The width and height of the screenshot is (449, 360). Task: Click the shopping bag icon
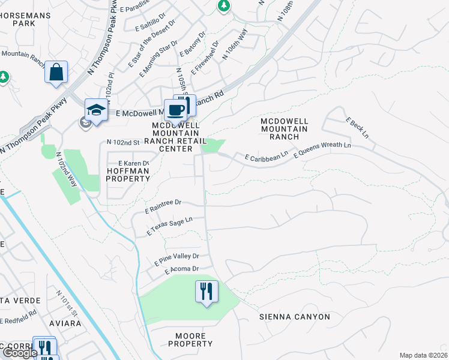point(56,73)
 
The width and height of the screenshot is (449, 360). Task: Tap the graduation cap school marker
point(96,110)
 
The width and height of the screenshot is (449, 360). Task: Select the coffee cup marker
point(176,111)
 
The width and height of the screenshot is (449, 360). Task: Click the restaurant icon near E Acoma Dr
point(207,292)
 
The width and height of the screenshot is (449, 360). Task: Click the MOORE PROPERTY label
point(190,340)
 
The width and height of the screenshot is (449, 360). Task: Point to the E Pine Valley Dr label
point(176,259)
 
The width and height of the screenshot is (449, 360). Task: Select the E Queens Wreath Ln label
point(322,149)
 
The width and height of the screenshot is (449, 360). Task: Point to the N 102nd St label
point(122,142)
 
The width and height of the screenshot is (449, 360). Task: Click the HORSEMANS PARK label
point(18,19)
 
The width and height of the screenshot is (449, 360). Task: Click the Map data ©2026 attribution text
point(423,355)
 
